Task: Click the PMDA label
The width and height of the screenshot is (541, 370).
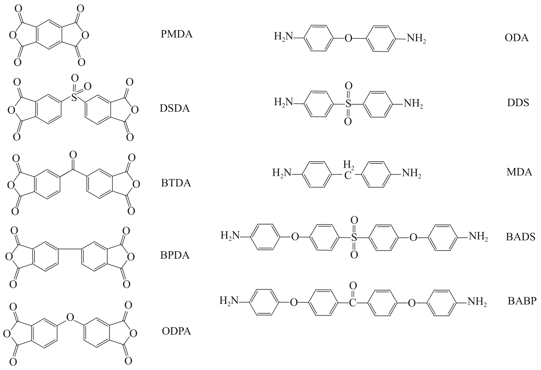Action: tap(177, 34)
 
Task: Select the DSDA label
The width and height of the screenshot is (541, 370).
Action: tap(174, 108)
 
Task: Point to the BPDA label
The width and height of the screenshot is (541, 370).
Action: tap(175, 256)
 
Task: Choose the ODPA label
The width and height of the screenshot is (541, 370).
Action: tap(175, 331)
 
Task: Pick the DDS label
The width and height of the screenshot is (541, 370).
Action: tap(516, 103)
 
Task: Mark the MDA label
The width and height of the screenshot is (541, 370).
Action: tap(519, 172)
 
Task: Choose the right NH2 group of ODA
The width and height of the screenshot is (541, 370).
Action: tap(416, 38)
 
